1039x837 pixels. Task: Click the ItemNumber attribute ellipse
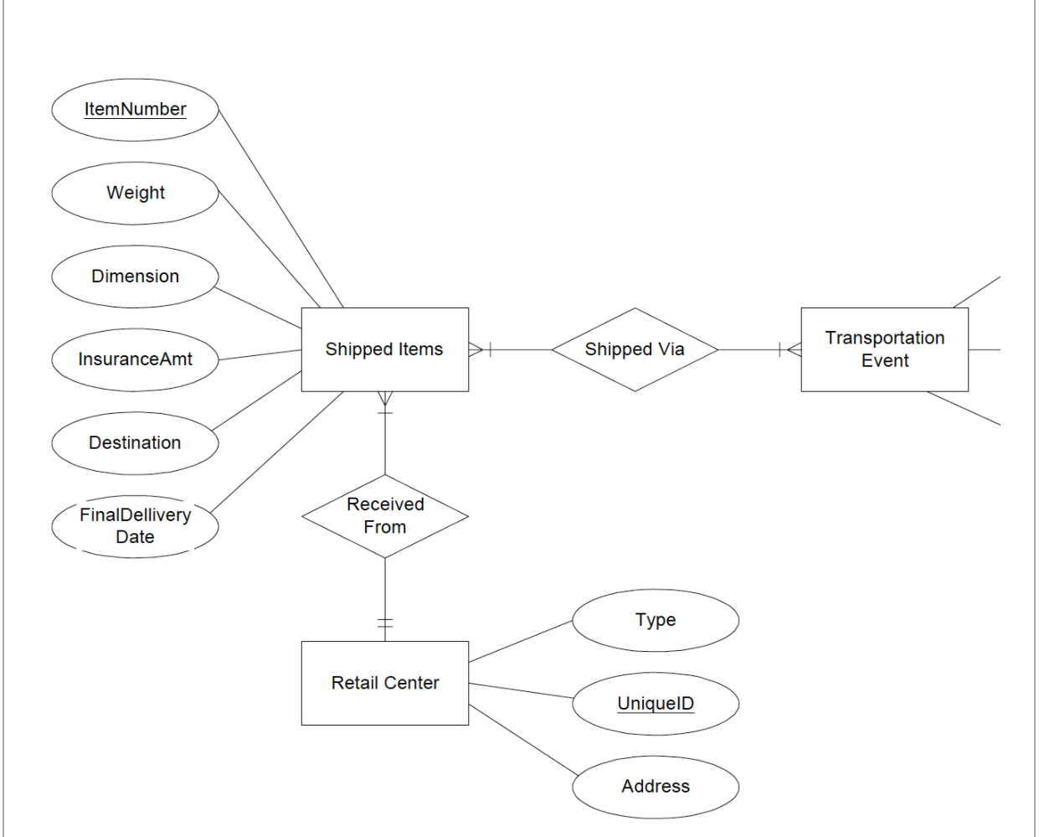click(x=135, y=110)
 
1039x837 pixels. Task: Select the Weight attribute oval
click(x=135, y=194)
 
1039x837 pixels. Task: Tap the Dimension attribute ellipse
click(x=135, y=276)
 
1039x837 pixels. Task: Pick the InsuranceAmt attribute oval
click(x=135, y=359)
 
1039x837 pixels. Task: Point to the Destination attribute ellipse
click(x=135, y=442)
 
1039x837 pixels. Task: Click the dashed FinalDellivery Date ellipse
click(x=135, y=526)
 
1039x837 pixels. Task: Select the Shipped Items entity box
click(x=384, y=349)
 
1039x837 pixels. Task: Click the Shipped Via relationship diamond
click(x=635, y=349)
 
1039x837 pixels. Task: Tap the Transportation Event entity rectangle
click(x=884, y=349)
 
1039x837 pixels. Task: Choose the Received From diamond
click(x=384, y=516)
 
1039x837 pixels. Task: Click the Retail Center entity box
click(x=384, y=683)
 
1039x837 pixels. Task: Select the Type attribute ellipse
click(x=656, y=620)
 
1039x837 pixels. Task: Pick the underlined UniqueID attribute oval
click(x=656, y=704)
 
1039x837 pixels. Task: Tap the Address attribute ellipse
click(x=656, y=787)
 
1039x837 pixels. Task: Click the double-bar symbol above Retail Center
click(x=384, y=623)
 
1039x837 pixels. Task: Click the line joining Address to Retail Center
click(x=523, y=740)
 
